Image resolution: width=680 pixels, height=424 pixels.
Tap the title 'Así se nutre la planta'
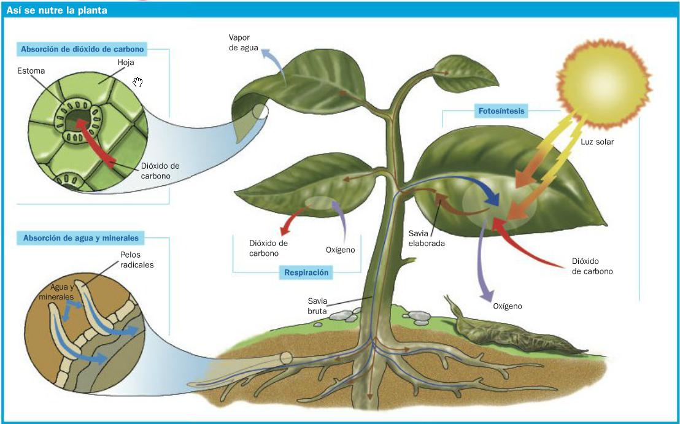click(x=56, y=10)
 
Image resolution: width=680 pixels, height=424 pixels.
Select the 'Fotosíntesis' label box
click(x=499, y=112)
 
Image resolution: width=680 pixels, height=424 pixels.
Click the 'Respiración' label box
click(x=306, y=272)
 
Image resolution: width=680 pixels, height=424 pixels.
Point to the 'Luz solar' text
click(x=597, y=142)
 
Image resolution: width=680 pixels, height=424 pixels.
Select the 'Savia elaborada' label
click(x=427, y=238)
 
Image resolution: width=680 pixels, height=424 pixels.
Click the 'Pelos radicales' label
click(x=137, y=260)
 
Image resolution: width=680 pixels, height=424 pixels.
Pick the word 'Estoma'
click(x=32, y=71)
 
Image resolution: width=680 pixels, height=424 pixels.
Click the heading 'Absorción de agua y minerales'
click(x=80, y=238)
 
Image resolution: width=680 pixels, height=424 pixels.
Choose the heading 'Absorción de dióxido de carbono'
click(x=82, y=49)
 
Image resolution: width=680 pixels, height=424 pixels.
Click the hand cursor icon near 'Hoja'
click(x=138, y=82)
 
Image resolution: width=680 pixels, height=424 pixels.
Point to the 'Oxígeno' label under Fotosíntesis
click(x=507, y=306)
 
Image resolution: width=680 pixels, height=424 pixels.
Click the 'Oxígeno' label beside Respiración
click(x=340, y=250)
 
